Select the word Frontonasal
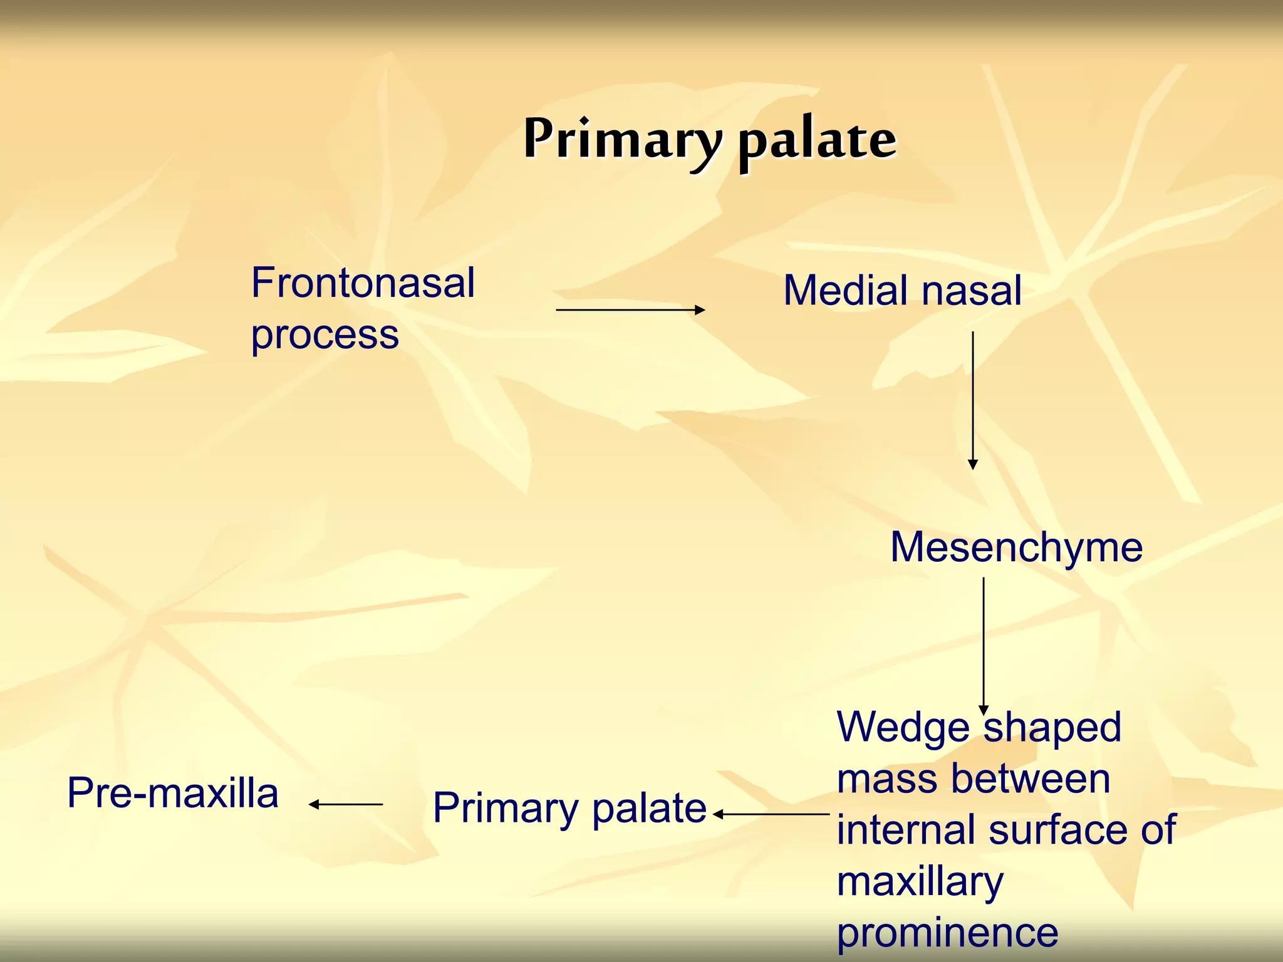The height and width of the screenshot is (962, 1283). click(363, 283)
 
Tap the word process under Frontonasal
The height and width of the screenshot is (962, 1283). click(325, 335)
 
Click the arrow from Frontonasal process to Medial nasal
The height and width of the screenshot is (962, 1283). click(630, 309)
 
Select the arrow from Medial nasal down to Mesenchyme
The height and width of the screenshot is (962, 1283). click(973, 401)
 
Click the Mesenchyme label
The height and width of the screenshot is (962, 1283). click(1016, 547)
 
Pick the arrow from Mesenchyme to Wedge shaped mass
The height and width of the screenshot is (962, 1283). click(984, 645)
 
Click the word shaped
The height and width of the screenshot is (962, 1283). click(1052, 728)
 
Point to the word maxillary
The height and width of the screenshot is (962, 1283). click(920, 882)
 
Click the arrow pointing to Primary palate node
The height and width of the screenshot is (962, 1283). click(771, 814)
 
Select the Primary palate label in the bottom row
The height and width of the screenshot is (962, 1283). click(569, 808)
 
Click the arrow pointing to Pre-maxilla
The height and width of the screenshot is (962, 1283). click(345, 804)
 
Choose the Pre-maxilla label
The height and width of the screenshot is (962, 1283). click(172, 793)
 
